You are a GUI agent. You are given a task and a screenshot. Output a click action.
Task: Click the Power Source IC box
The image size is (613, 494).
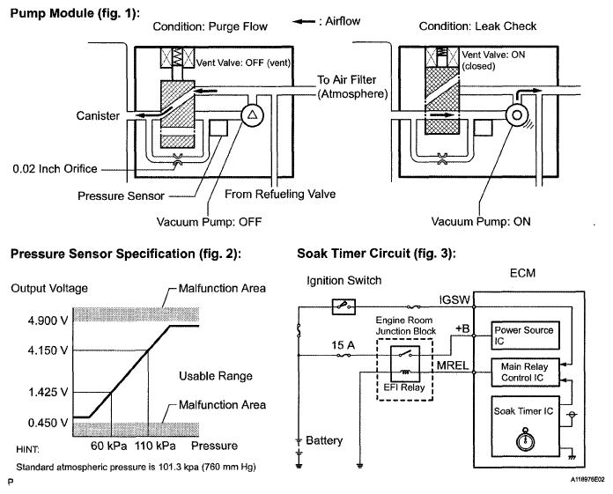pyautogui.click(x=525, y=335)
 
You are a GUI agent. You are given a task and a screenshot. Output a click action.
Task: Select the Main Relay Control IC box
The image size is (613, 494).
pyautogui.click(x=525, y=372)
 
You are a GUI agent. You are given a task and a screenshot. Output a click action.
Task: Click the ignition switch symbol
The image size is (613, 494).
pyautogui.click(x=343, y=306)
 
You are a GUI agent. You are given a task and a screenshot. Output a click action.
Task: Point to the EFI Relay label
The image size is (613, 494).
pyautogui.click(x=404, y=387)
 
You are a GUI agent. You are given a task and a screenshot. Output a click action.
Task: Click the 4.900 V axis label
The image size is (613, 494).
pyautogui.click(x=48, y=321)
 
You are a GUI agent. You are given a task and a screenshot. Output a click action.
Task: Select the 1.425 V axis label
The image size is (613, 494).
pyautogui.click(x=48, y=392)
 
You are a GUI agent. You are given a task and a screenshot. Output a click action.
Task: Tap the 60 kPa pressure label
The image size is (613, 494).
pyautogui.click(x=108, y=446)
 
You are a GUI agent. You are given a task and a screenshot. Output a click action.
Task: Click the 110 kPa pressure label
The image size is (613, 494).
pyautogui.click(x=155, y=446)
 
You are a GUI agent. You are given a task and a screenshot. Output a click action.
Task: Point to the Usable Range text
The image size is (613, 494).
pyautogui.click(x=216, y=376)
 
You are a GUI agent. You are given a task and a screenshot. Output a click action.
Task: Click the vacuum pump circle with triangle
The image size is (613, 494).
pyautogui.click(x=252, y=115)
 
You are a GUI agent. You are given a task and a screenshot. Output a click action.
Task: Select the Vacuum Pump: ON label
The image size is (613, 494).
pyautogui.click(x=481, y=222)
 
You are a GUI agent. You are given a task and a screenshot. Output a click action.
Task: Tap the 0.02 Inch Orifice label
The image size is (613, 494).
pyautogui.click(x=55, y=169)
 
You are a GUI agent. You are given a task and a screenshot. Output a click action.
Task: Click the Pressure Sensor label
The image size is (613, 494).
pyautogui.click(x=121, y=195)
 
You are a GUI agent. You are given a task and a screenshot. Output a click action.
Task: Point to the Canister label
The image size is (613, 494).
pyautogui.click(x=98, y=115)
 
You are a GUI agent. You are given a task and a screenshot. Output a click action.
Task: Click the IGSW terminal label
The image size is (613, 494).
pyautogui.click(x=454, y=299)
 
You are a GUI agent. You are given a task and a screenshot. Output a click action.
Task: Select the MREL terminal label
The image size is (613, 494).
pyautogui.click(x=453, y=365)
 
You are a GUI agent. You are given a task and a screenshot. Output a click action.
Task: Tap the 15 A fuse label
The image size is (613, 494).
pyautogui.click(x=343, y=345)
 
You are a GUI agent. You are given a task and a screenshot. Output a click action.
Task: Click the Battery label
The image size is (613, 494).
pyautogui.click(x=324, y=441)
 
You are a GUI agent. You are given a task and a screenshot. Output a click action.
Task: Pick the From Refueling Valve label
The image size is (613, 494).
pyautogui.click(x=280, y=195)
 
